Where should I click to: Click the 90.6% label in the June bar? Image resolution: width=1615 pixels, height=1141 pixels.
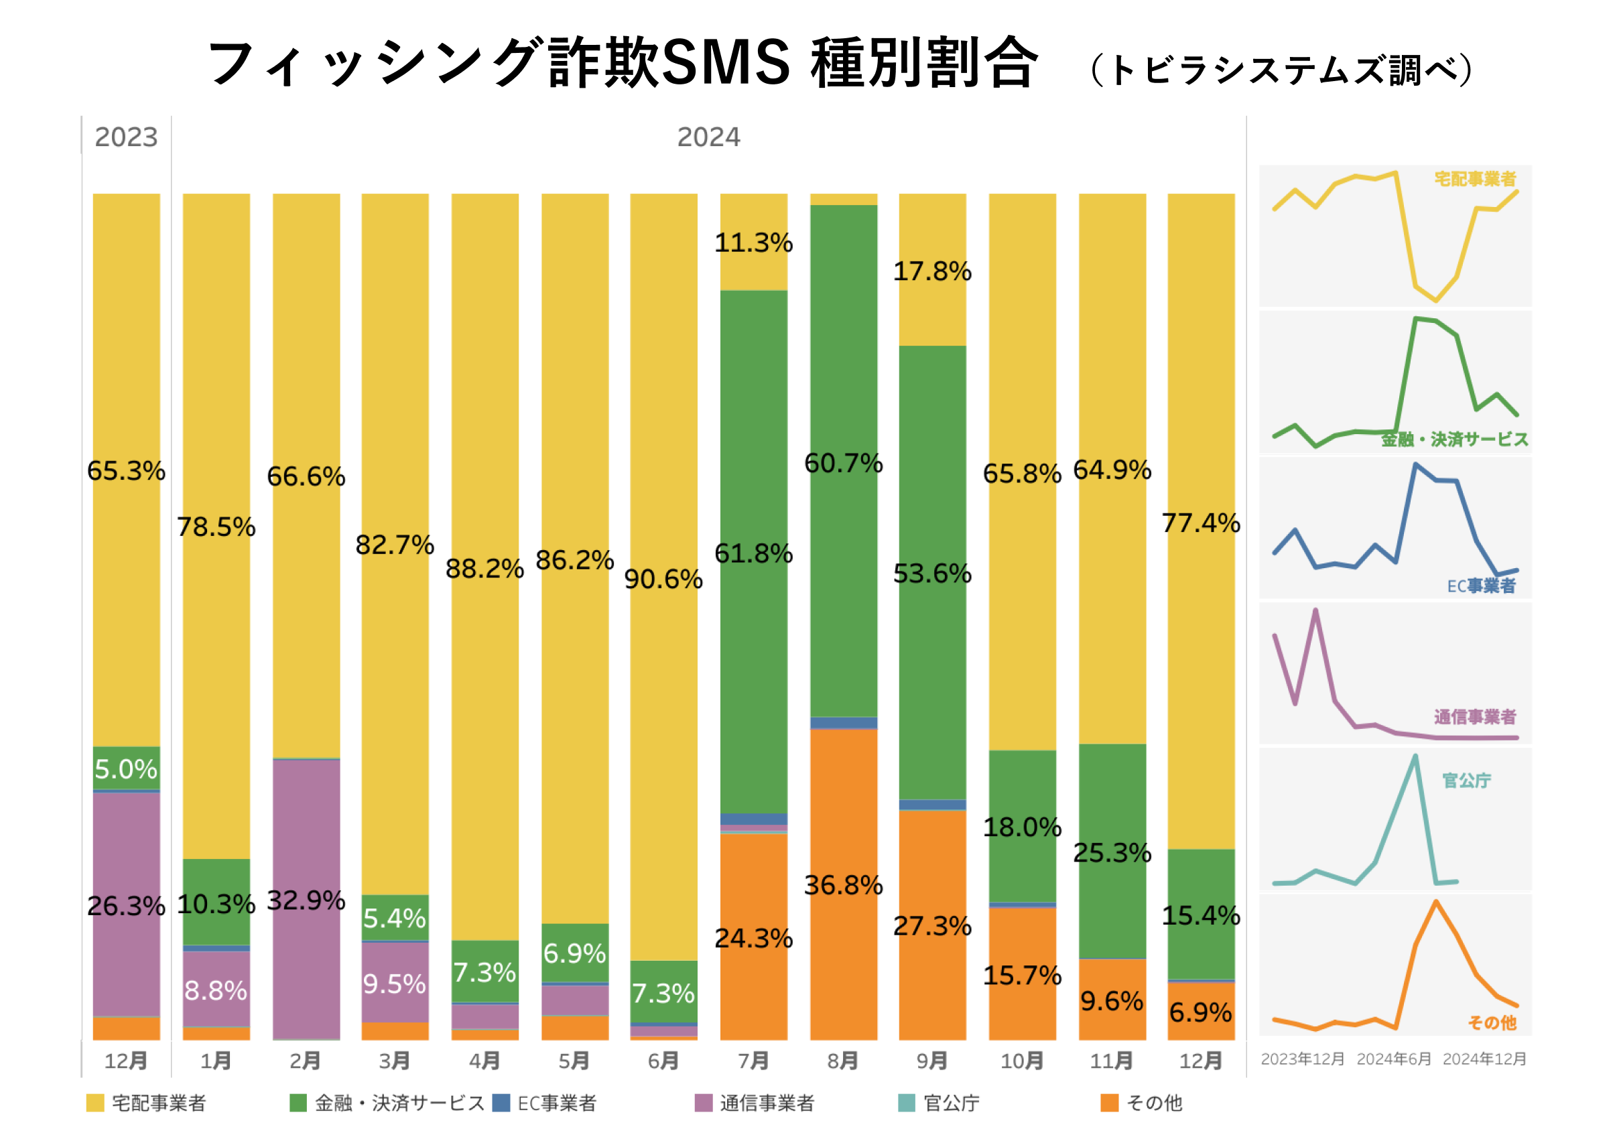663,579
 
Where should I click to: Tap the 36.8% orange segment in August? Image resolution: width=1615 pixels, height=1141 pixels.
844,884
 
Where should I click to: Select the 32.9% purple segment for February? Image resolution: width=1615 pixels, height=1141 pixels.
306,900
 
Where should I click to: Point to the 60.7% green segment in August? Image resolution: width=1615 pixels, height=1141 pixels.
844,462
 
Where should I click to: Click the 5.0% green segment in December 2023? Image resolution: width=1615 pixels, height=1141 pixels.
126,768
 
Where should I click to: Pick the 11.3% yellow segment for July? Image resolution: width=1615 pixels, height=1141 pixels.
753,242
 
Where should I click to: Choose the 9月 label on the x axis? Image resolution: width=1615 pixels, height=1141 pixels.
932,1060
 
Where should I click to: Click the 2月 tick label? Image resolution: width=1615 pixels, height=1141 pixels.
306,1060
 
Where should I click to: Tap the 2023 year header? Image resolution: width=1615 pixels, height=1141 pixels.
126,137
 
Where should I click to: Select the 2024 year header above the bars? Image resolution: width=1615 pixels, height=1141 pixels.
708,137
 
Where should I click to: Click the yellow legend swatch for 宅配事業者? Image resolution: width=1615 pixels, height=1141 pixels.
95,1103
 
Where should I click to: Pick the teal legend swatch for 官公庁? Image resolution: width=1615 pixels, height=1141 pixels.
907,1103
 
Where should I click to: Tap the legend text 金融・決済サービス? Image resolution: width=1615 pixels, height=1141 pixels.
399,1103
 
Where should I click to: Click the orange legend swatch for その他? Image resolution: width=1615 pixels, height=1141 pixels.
1109,1103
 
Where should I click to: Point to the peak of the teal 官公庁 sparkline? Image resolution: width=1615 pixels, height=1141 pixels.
1415,756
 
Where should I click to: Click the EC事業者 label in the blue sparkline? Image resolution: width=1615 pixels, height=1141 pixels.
1481,586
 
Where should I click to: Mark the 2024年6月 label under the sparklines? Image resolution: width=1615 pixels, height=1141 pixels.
1393,1059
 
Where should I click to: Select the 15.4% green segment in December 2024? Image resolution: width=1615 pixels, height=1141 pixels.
1201,915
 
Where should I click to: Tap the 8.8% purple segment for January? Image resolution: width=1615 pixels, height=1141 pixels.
216,990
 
